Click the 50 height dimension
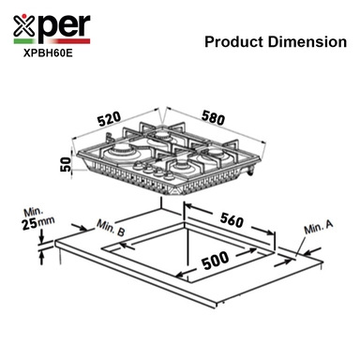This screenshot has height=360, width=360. (x=65, y=164)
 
